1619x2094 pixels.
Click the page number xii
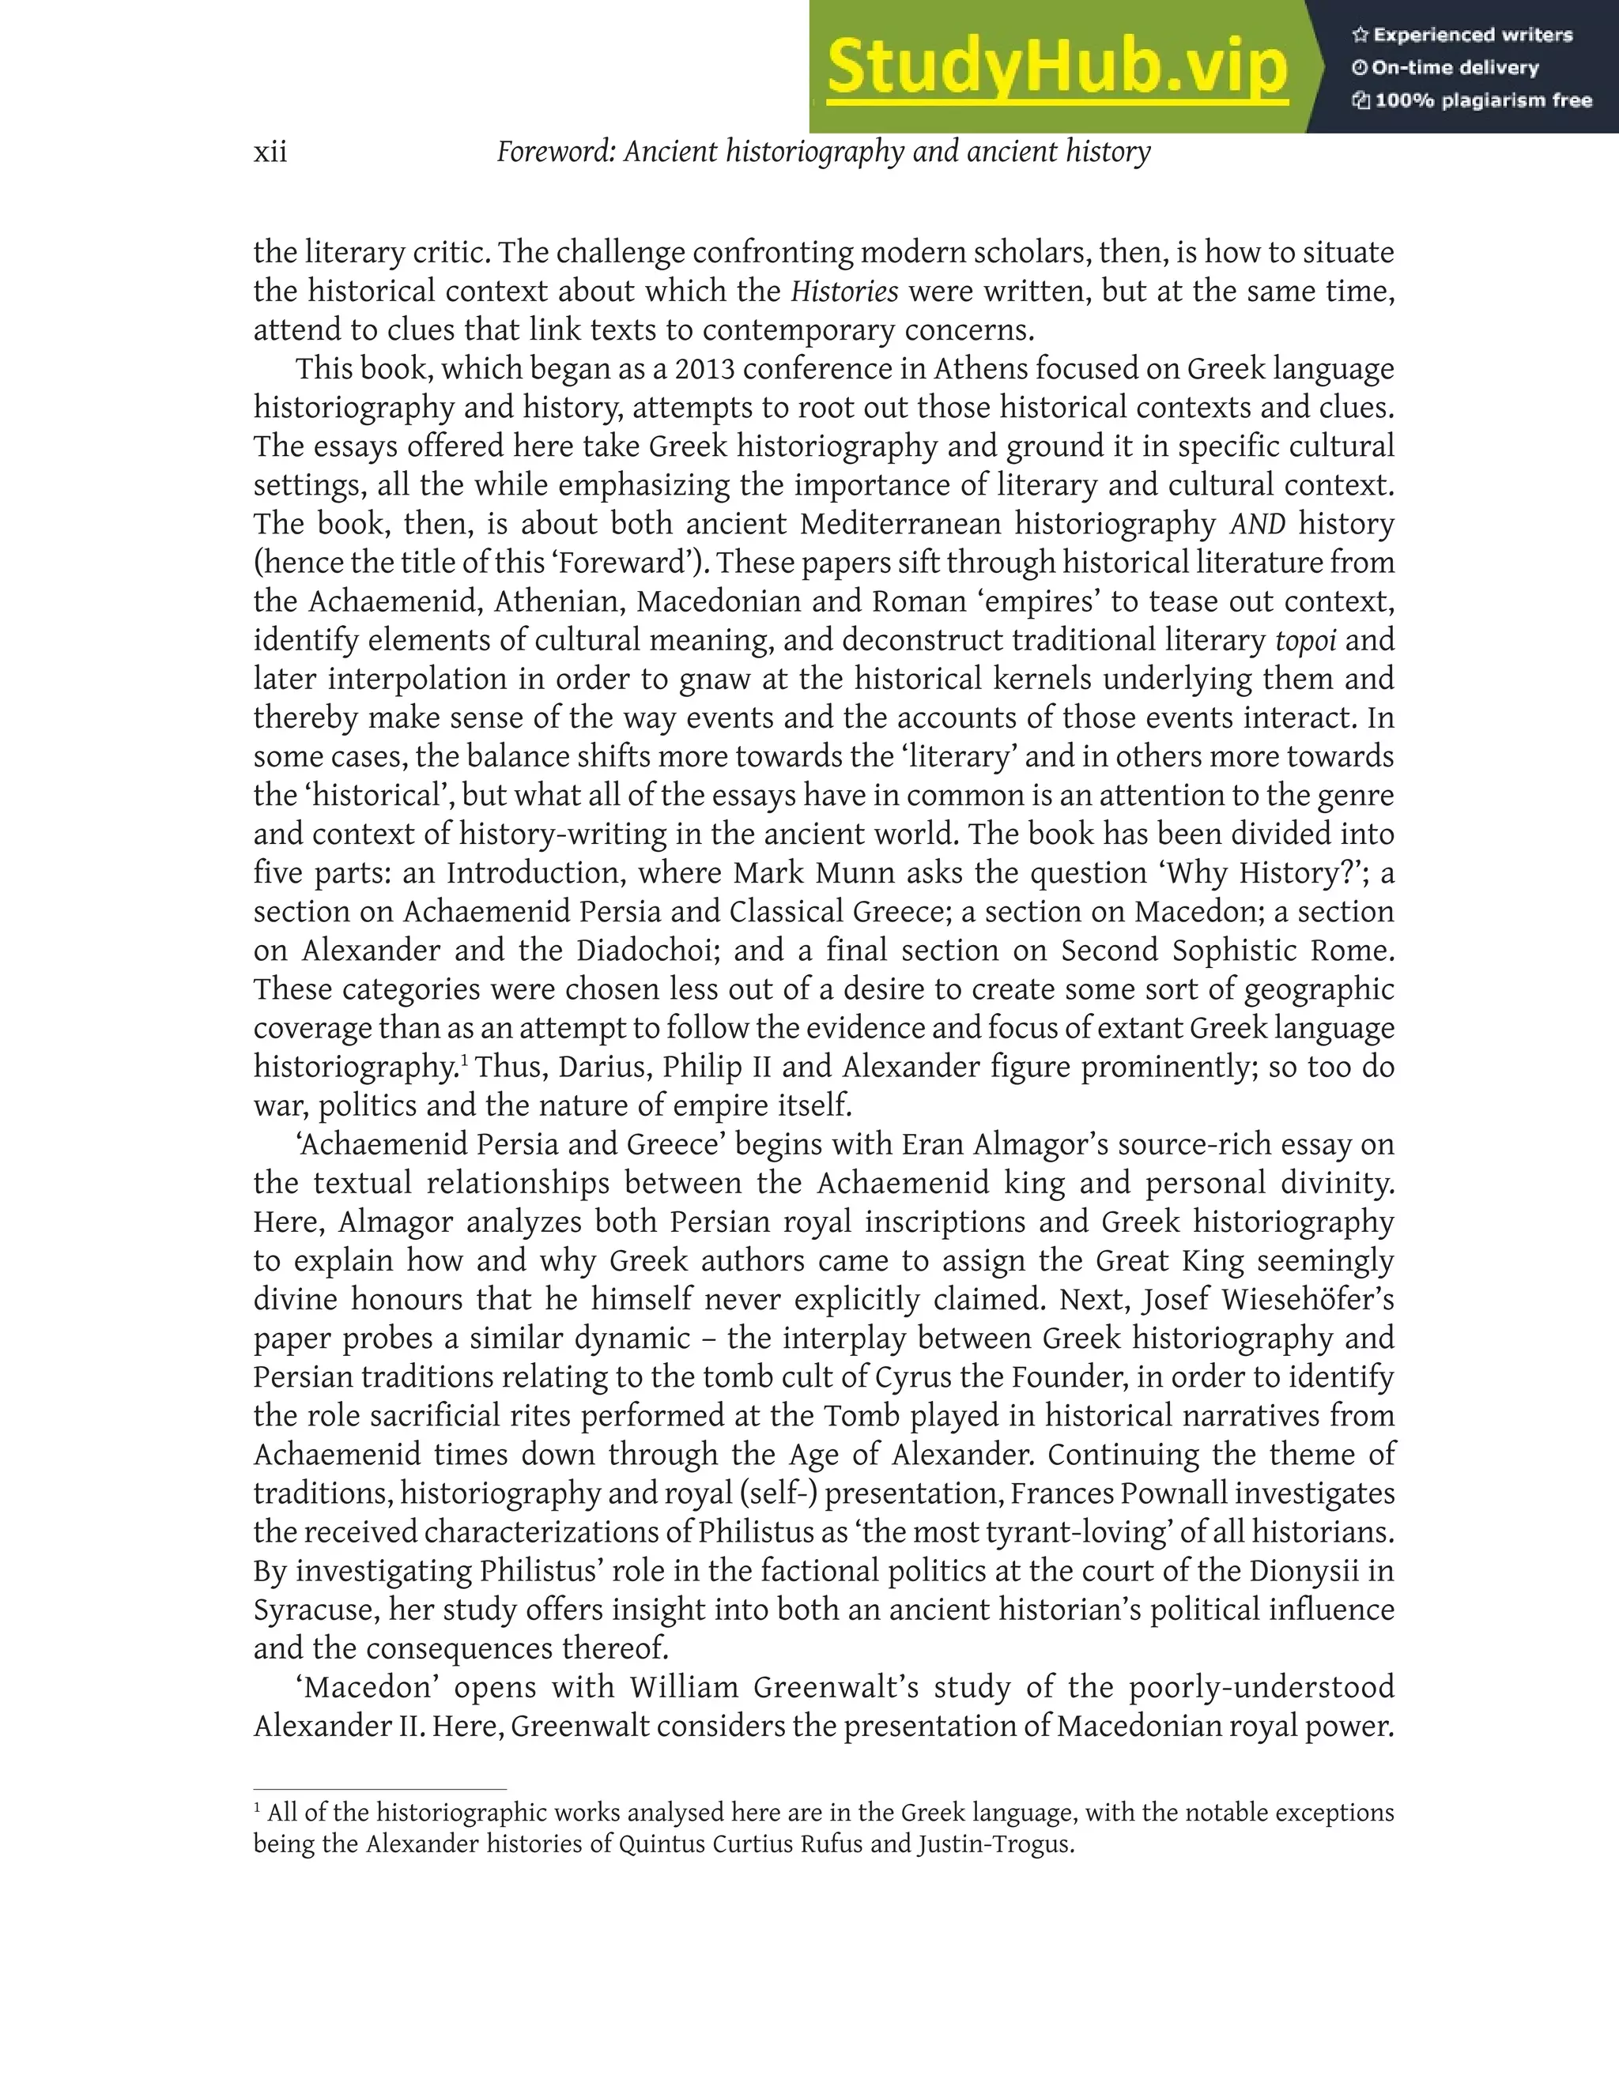(x=270, y=153)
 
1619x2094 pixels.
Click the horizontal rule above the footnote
(x=379, y=1789)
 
